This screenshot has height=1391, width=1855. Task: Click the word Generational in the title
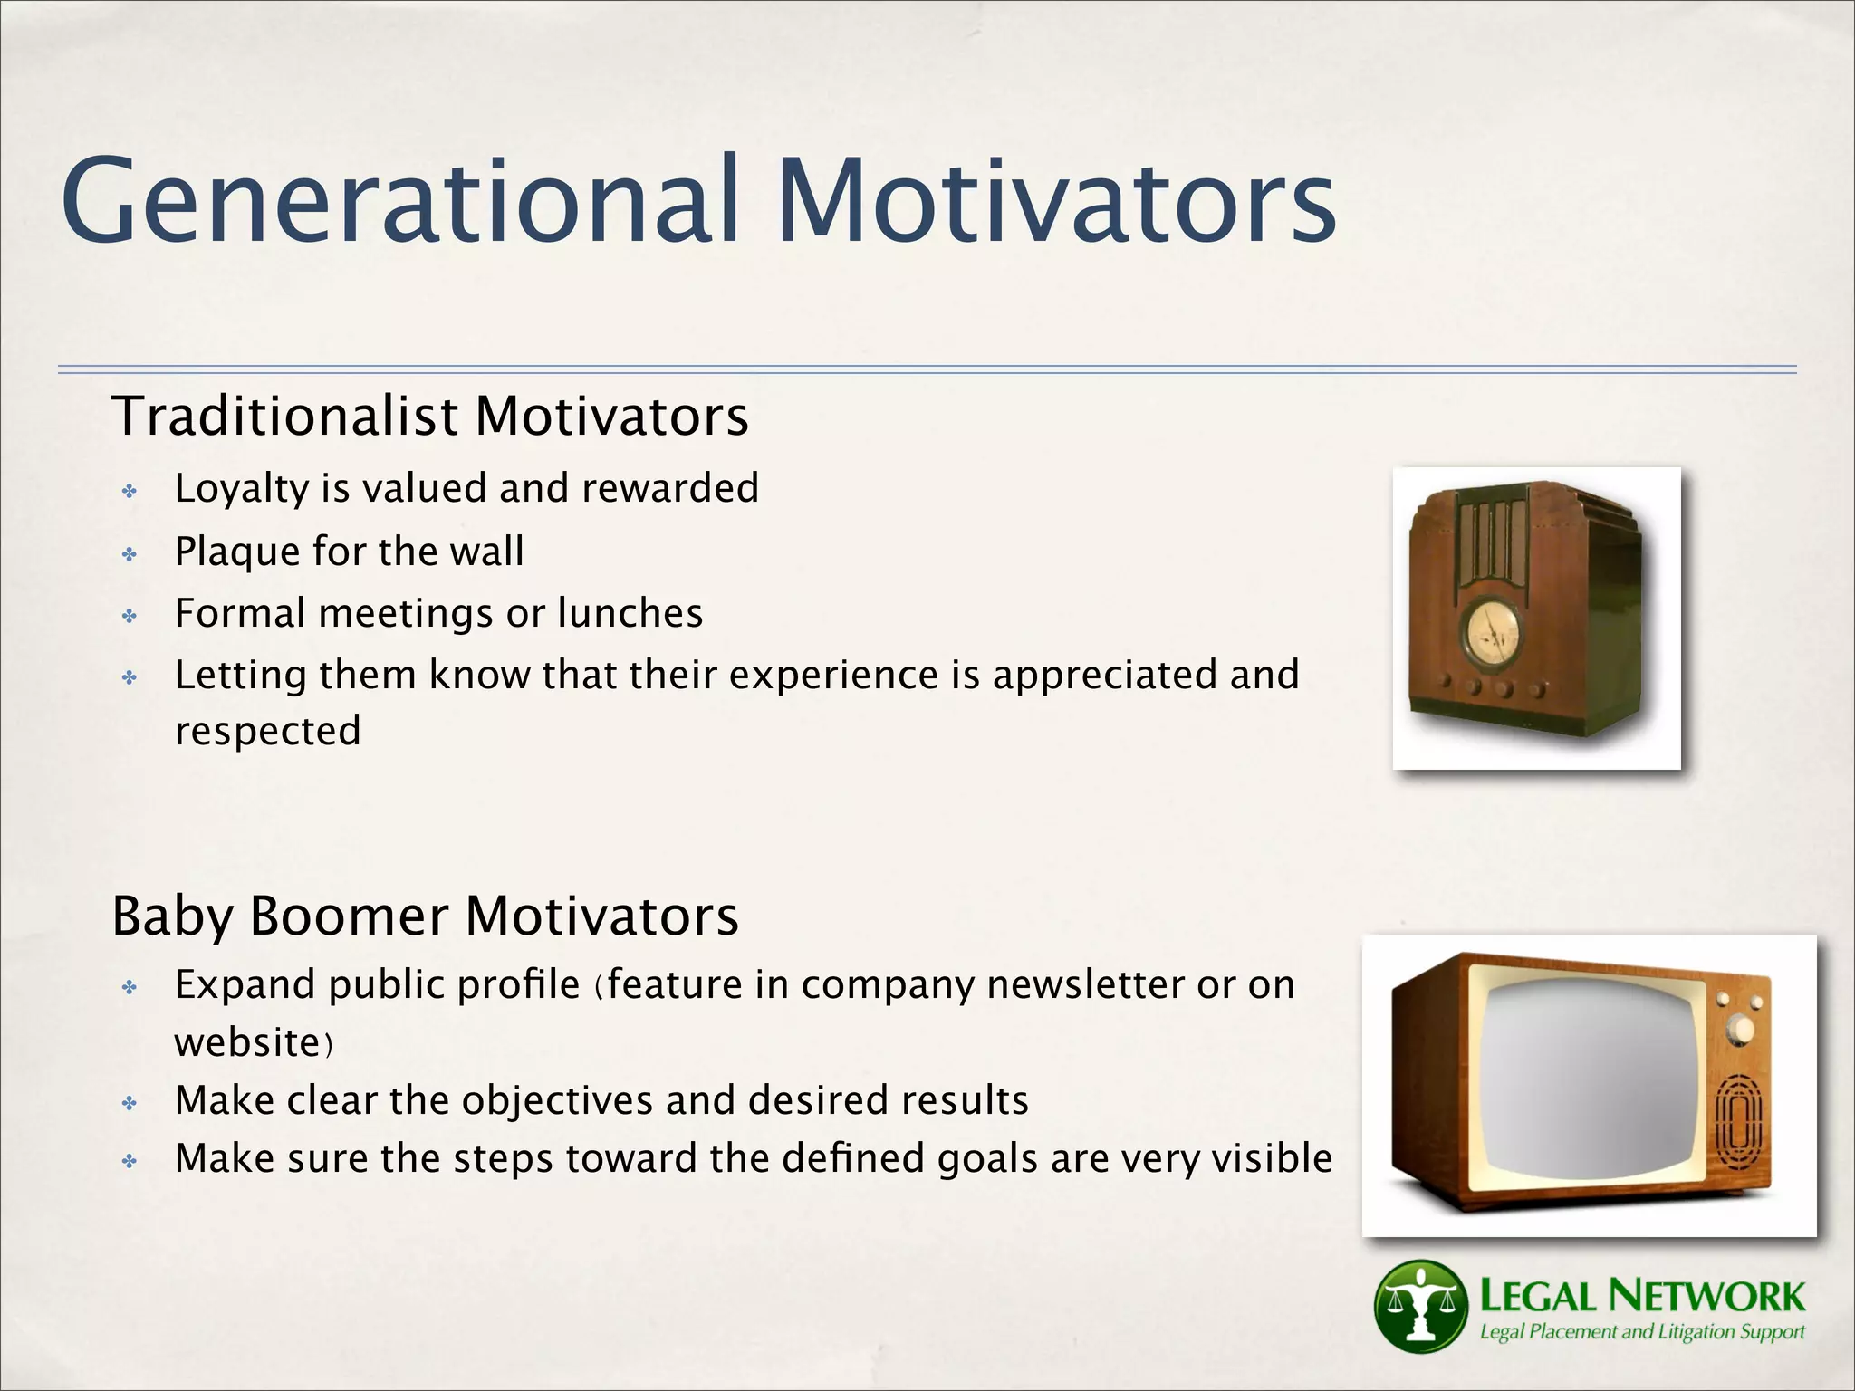coord(399,201)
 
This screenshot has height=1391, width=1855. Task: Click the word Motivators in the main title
coord(1055,201)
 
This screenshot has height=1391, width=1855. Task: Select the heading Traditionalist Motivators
coord(430,417)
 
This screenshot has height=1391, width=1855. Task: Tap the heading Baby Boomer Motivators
coord(425,916)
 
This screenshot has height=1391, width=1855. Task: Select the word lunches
coord(630,613)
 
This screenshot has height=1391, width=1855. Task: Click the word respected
coord(267,731)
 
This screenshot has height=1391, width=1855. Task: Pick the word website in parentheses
coord(247,1042)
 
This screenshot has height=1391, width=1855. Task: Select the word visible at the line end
coord(1272,1158)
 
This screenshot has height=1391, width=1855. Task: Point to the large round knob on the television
coord(1740,1030)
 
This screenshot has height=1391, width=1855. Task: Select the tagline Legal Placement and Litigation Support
coord(1641,1332)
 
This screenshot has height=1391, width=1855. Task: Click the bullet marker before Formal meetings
coord(130,617)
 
